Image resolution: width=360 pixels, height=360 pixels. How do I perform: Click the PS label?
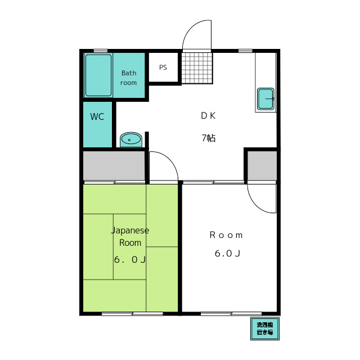coord(163,67)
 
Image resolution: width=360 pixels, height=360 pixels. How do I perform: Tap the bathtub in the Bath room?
coord(98,75)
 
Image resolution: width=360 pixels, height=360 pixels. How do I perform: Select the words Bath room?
coord(129,78)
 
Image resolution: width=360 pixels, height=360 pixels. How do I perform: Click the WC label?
coord(97,116)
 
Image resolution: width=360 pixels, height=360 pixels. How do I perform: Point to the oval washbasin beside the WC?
coord(131,139)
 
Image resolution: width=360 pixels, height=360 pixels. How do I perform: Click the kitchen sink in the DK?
coord(265,99)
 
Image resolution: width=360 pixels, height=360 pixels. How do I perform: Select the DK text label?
coord(208,116)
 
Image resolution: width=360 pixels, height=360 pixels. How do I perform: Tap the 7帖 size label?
coord(209,138)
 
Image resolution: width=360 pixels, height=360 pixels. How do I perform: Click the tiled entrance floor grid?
coord(197,68)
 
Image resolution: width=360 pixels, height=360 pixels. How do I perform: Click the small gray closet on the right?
coord(262,166)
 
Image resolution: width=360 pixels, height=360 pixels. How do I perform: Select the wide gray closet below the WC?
coord(114,166)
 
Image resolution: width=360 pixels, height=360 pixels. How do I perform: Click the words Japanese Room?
coord(130,236)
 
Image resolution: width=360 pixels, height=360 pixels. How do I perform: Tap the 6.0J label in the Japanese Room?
coord(130,260)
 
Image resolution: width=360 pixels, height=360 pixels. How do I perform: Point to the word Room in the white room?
coord(226,235)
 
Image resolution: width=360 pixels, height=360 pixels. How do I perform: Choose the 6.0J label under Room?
coord(227,254)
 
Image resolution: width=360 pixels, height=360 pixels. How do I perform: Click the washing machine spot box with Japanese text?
coord(265,328)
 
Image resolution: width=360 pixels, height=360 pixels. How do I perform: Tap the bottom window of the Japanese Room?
coord(132,314)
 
